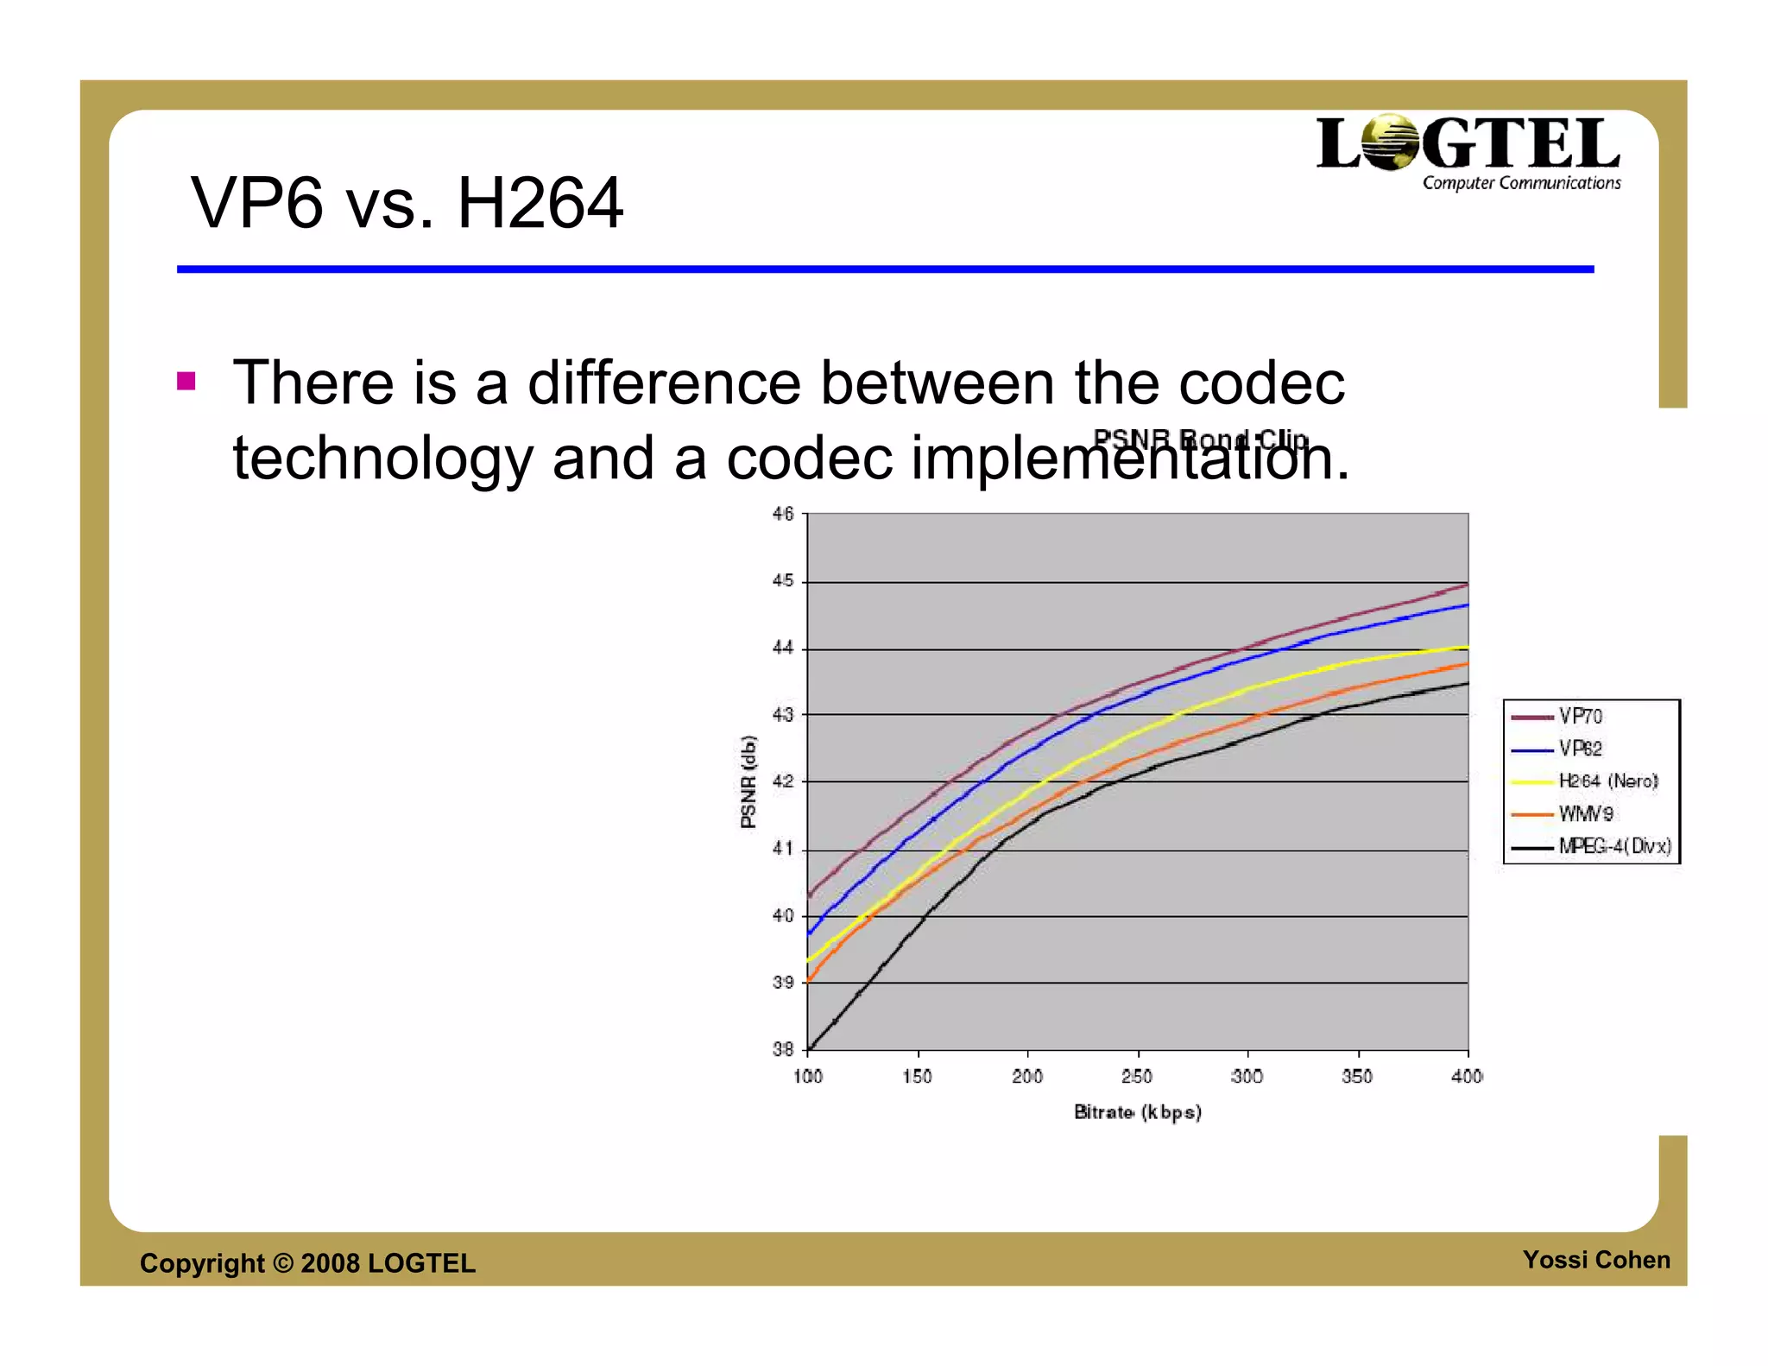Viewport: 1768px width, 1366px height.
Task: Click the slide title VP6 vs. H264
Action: [x=406, y=204]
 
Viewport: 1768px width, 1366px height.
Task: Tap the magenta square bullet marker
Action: [x=186, y=381]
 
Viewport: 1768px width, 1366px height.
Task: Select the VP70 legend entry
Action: [x=1579, y=717]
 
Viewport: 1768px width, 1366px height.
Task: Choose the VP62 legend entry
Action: [x=1579, y=749]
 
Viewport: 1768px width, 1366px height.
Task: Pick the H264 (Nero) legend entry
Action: [x=1607, y=781]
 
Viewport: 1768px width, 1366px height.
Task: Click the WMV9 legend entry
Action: [x=1585, y=813]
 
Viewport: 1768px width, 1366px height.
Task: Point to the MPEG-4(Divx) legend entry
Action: [x=1613, y=846]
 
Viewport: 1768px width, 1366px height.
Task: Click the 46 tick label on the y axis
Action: [x=783, y=515]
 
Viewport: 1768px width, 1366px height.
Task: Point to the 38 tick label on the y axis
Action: [x=783, y=1050]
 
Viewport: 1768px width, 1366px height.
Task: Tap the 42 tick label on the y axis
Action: [x=783, y=782]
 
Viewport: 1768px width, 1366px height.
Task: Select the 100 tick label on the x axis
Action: [x=808, y=1077]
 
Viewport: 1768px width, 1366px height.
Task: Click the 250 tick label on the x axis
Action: [x=1137, y=1077]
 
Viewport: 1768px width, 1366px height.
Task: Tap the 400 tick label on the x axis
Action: [x=1467, y=1077]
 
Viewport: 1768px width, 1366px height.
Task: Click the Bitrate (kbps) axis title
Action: [x=1137, y=1112]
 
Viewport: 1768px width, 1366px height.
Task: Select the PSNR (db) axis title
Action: [x=748, y=781]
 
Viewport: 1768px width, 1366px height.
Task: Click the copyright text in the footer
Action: [x=307, y=1263]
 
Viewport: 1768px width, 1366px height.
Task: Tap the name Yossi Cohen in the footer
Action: [x=1596, y=1260]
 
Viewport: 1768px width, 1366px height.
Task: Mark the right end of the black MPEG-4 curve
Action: [x=1467, y=684]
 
